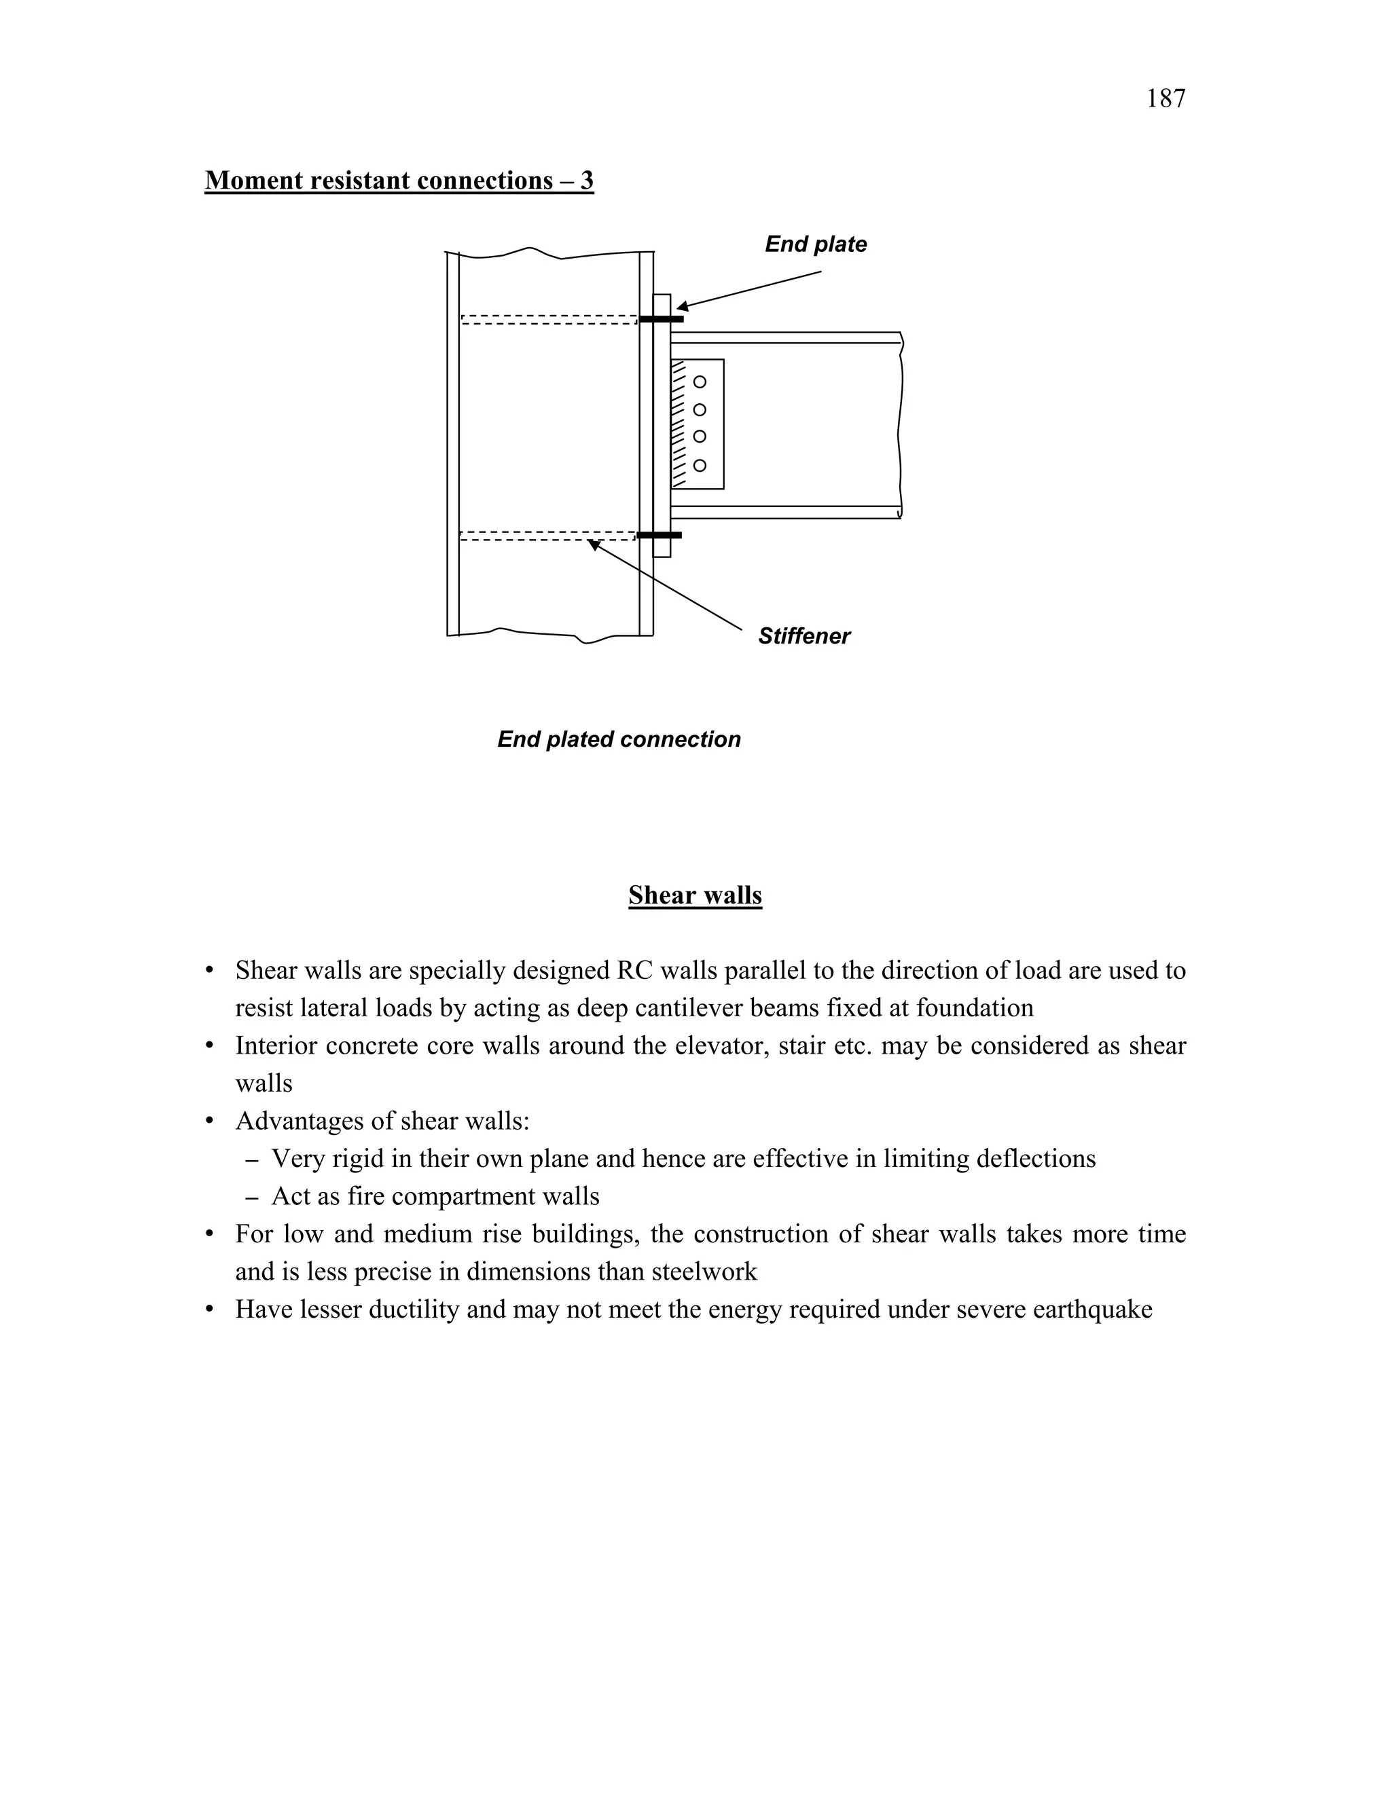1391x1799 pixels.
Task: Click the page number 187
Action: point(1166,99)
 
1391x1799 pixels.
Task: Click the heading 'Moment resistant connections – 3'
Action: point(399,181)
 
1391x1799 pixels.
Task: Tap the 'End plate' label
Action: point(815,244)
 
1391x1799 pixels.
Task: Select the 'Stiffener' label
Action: point(803,636)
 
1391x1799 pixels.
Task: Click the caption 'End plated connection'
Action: point(619,740)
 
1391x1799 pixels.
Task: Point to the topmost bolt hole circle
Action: point(700,382)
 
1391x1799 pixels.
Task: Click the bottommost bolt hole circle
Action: point(700,466)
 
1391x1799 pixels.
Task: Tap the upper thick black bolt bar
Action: point(662,319)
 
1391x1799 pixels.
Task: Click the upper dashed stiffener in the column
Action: point(548,320)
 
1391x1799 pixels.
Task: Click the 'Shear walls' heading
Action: point(695,895)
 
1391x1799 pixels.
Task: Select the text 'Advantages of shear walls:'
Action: point(382,1121)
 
